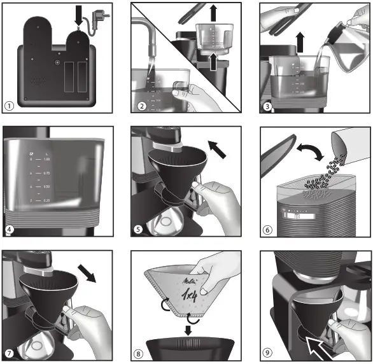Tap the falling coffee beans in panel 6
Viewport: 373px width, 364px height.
click(325, 170)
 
